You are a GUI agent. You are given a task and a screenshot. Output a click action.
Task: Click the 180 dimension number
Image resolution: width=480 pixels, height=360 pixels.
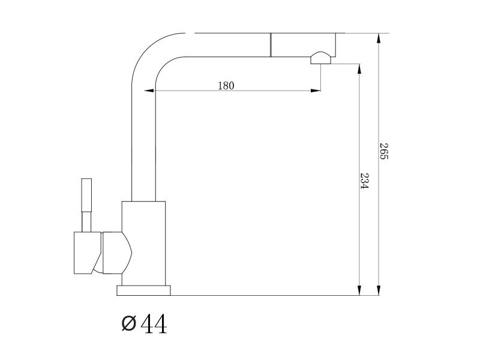[226, 86]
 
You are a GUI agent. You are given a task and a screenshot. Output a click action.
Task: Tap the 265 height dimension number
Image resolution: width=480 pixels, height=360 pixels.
[384, 151]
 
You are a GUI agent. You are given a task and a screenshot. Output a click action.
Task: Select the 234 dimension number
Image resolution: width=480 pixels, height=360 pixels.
[365, 181]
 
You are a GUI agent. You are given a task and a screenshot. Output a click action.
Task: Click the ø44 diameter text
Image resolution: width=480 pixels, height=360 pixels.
[144, 323]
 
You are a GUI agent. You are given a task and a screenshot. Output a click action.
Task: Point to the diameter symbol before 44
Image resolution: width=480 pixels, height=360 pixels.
[128, 323]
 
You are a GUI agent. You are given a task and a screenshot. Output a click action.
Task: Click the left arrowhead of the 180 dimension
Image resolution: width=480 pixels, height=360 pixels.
[149, 91]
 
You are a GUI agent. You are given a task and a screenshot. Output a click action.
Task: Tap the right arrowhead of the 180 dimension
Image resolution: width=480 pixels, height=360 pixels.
[316, 91]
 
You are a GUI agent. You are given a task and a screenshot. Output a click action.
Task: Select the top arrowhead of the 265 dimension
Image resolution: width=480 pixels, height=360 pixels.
[379, 38]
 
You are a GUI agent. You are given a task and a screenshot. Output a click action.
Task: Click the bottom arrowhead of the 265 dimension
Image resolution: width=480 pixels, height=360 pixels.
[379, 290]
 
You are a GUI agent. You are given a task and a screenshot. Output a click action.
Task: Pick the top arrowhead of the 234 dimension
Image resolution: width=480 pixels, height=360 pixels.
[359, 69]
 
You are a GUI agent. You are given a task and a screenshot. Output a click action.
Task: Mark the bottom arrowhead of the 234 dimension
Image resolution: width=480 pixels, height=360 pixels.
[359, 290]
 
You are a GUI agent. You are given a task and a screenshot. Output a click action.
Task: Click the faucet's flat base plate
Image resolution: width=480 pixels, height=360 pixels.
[143, 290]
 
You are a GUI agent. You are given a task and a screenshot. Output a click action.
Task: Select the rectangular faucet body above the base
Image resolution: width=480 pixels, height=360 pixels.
[143, 244]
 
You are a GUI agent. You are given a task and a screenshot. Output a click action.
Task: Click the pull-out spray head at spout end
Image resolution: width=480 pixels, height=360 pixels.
[303, 45]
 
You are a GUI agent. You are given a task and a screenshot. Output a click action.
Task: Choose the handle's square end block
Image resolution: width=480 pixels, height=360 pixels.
[88, 253]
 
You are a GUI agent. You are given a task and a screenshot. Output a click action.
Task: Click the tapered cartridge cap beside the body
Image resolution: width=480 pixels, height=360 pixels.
[117, 253]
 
